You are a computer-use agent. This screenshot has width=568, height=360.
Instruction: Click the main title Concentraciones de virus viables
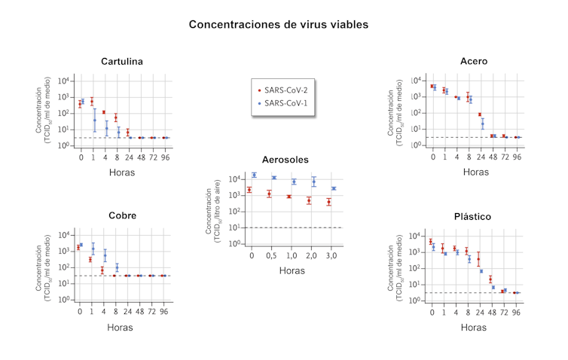[279, 24]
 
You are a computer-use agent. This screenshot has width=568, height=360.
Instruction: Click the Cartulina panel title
[122, 61]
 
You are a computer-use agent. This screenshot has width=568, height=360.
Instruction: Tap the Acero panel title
[473, 60]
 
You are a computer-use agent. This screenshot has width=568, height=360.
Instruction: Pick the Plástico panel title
[473, 216]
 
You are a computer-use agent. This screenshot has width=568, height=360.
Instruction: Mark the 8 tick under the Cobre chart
[115, 310]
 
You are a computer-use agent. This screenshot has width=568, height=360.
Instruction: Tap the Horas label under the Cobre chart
[121, 328]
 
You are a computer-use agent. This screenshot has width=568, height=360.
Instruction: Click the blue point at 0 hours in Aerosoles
[255, 175]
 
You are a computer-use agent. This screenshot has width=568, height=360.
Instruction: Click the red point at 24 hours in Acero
[479, 114]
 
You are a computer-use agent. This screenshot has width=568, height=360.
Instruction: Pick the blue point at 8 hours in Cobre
[117, 267]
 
